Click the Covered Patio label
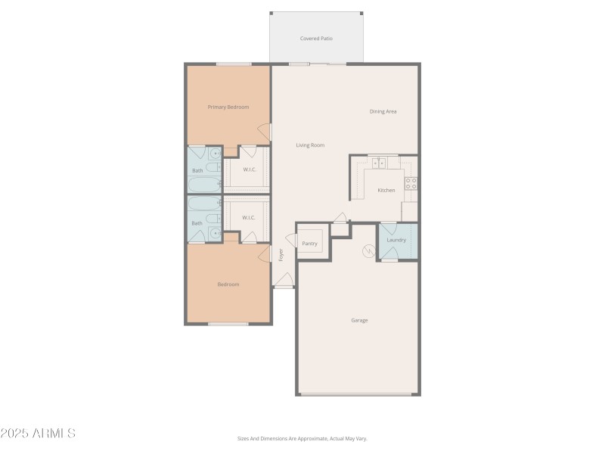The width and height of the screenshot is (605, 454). tap(316, 38)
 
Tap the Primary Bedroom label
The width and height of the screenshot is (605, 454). tap(228, 107)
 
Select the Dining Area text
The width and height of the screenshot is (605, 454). tap(383, 111)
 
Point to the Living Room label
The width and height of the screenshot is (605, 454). tap(310, 145)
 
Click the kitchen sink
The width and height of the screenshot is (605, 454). tap(378, 162)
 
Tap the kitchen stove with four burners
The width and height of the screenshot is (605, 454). tap(411, 183)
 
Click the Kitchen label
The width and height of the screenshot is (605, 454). tap(386, 190)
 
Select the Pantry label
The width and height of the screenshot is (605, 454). tap(309, 244)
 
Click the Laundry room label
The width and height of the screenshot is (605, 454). tap(396, 240)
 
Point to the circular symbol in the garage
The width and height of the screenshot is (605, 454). tap(370, 250)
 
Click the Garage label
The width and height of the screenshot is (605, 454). tap(359, 320)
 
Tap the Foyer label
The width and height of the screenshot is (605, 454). tap(281, 255)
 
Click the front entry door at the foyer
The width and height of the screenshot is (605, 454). tap(283, 281)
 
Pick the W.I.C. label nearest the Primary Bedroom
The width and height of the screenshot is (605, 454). tap(250, 169)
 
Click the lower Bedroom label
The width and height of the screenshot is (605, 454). tap(228, 285)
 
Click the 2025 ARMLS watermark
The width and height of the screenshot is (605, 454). tap(38, 434)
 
